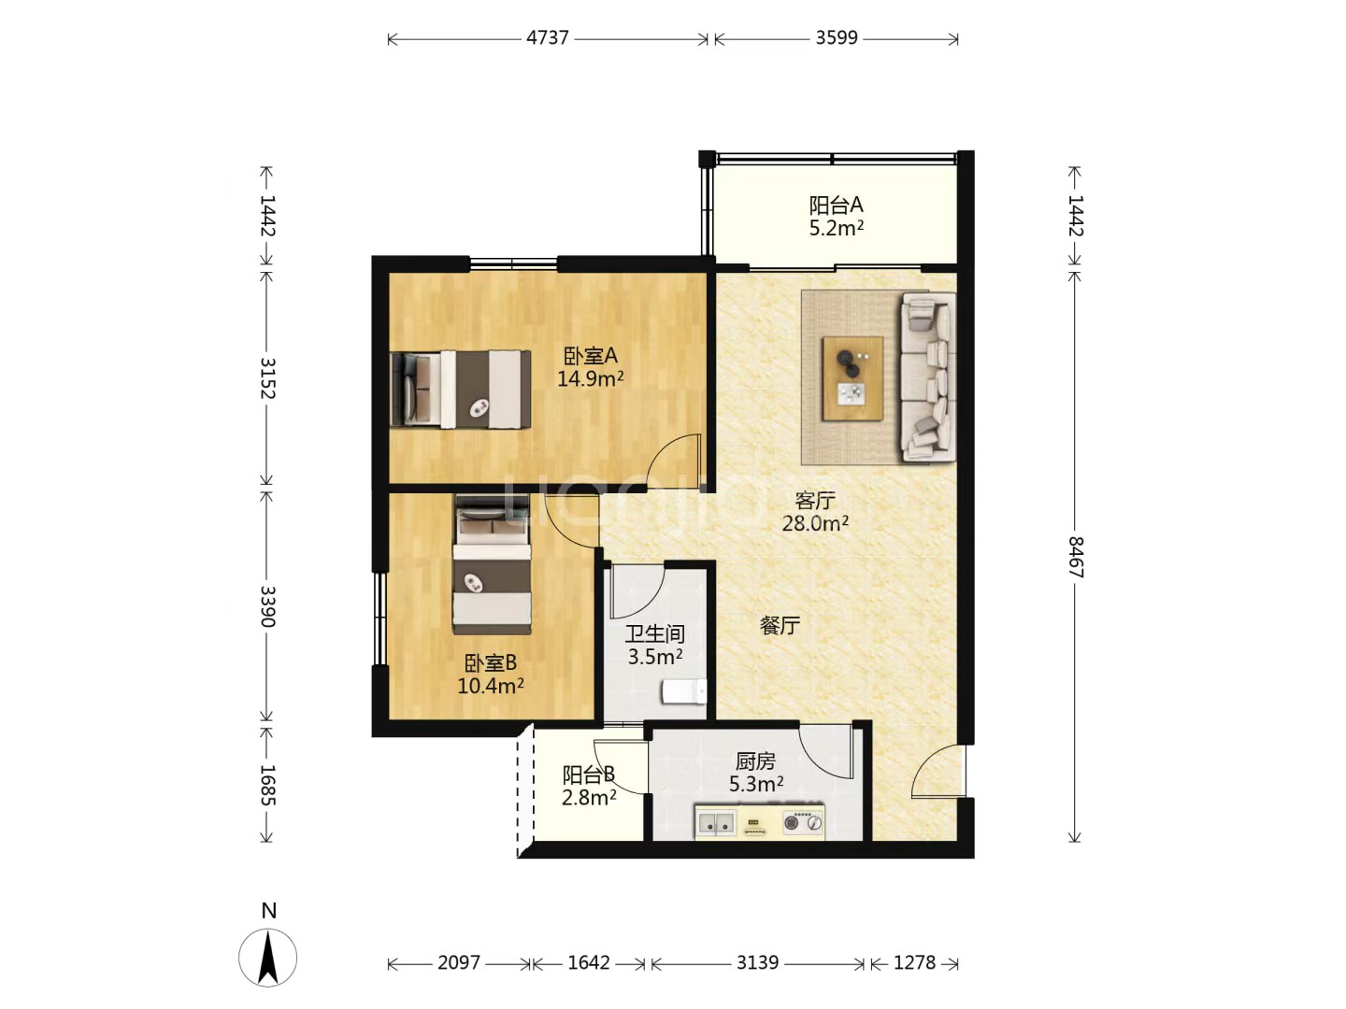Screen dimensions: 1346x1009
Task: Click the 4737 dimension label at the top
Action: [x=547, y=38]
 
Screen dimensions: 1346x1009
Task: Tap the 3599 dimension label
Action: [x=836, y=38]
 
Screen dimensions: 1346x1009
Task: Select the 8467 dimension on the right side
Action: [x=1075, y=557]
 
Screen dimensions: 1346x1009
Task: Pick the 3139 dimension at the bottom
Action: [x=757, y=962]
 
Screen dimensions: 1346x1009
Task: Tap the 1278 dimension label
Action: [x=914, y=962]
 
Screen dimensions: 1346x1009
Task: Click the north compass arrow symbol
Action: [x=268, y=958]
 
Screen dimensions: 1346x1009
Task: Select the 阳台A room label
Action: [x=836, y=205]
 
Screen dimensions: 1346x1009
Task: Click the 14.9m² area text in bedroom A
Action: [x=590, y=378]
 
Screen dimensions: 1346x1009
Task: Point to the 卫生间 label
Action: [x=655, y=633]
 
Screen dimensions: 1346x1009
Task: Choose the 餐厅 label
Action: [x=780, y=626]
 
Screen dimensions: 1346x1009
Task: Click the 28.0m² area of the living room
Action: [x=815, y=523]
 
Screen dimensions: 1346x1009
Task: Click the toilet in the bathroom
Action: [x=683, y=691]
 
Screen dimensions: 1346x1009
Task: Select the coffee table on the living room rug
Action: [x=852, y=378]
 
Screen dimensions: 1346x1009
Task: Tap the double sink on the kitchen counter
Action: [x=716, y=823]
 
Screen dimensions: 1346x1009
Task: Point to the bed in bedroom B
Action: [x=492, y=564]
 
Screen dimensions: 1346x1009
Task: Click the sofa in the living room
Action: [x=928, y=377]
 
